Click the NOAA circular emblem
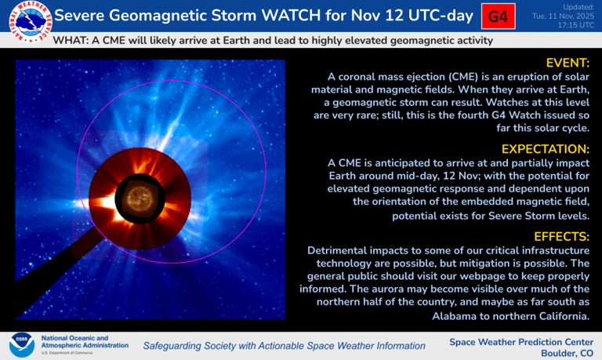coord(21,344)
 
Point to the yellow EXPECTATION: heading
coord(544,148)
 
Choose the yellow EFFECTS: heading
coord(560,235)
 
